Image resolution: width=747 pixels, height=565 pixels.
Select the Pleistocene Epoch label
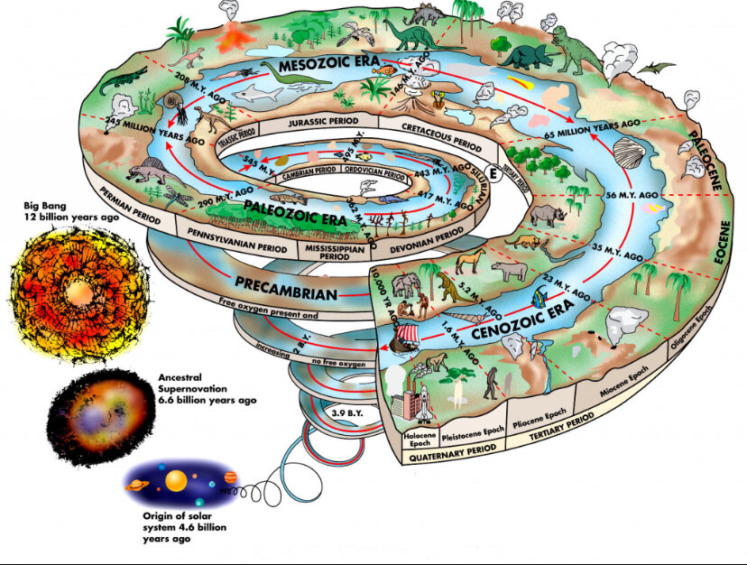click(472, 433)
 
